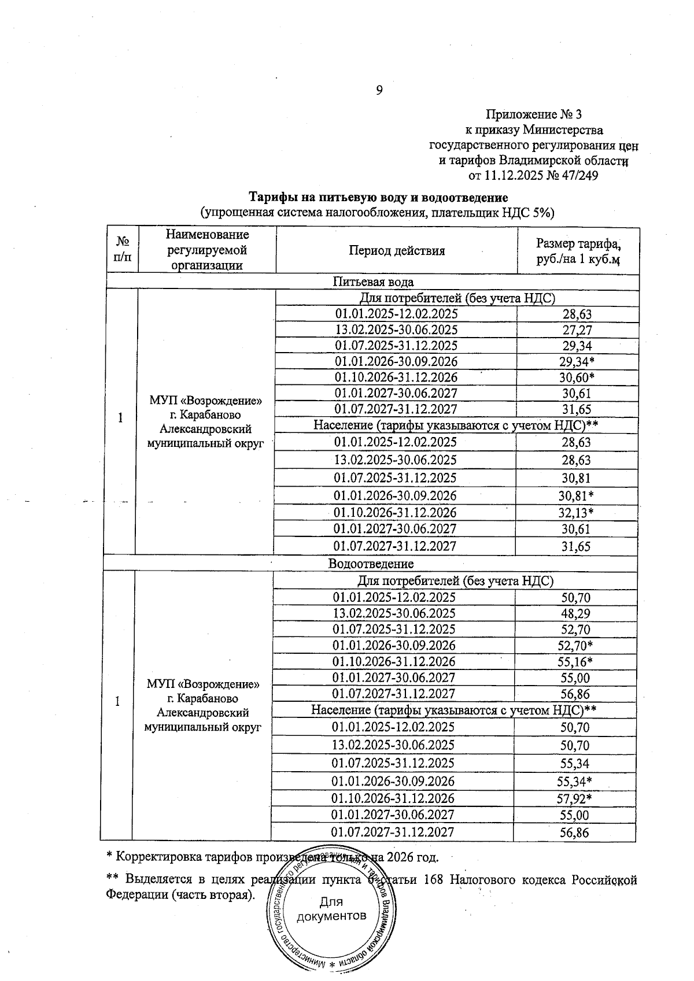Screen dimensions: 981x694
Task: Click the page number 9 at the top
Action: pyautogui.click(x=379, y=90)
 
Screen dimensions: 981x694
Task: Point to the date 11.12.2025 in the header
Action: pyautogui.click(x=513, y=175)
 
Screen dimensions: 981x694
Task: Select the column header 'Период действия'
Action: pyautogui.click(x=397, y=250)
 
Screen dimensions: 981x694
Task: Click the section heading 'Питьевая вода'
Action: pyautogui.click(x=373, y=282)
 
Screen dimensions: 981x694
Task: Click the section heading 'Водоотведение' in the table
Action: pyautogui.click(x=371, y=563)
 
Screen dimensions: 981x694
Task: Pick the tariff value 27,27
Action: pyautogui.click(x=577, y=330)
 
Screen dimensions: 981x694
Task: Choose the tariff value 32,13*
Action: pyautogui.click(x=578, y=513)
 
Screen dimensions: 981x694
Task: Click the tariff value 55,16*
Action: pyautogui.click(x=577, y=662)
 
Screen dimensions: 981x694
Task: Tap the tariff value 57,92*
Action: pyautogui.click(x=576, y=799)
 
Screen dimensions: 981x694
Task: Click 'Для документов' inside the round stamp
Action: pyautogui.click(x=331, y=909)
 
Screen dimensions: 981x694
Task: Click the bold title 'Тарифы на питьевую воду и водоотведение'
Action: pyautogui.click(x=378, y=198)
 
